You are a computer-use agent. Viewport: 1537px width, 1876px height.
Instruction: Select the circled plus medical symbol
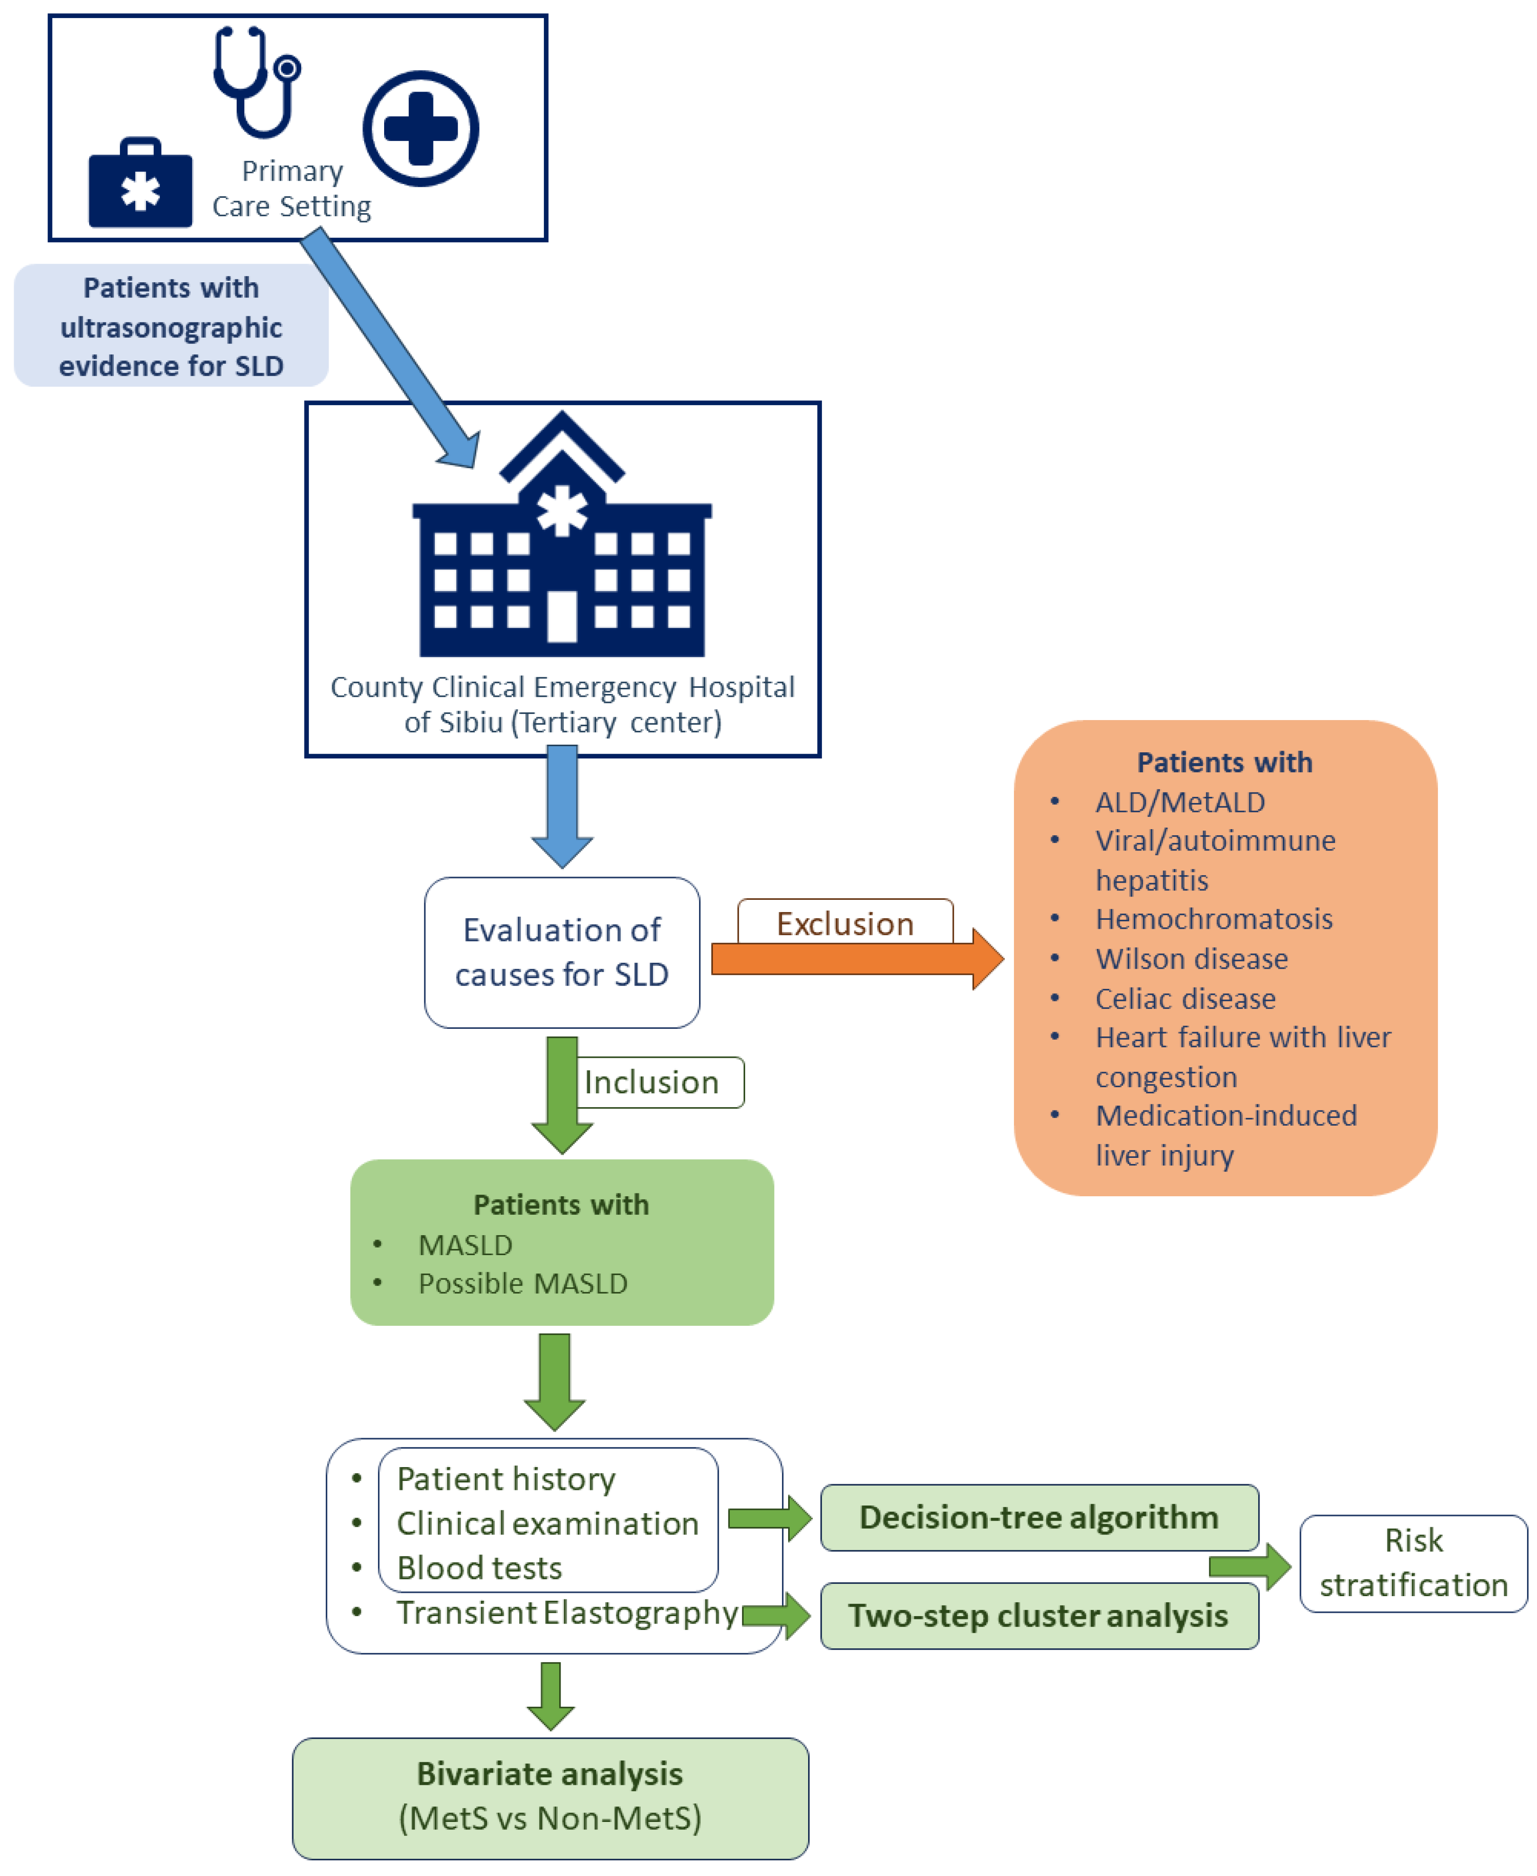(421, 129)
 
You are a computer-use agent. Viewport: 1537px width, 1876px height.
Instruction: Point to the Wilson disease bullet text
(1191, 959)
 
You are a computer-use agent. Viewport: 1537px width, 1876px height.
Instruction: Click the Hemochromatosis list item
(1213, 919)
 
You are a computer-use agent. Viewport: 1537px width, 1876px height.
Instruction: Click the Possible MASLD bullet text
(522, 1284)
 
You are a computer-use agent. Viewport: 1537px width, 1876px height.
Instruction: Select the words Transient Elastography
(567, 1613)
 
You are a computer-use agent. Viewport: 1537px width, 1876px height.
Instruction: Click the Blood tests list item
(479, 1568)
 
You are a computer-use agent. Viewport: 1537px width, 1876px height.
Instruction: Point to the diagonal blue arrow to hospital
(389, 345)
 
